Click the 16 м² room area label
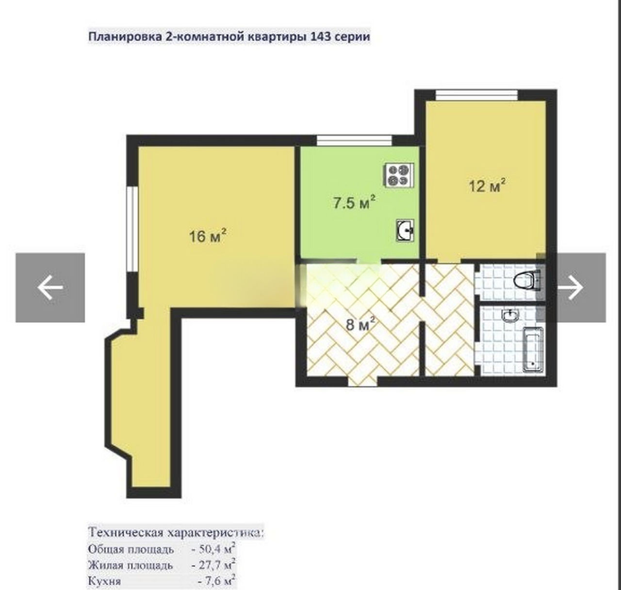point(208,235)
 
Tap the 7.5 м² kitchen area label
point(355,202)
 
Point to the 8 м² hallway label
point(360,324)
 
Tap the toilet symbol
point(526,280)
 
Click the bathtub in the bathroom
point(534,349)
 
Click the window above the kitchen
point(354,140)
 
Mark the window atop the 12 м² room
point(476,95)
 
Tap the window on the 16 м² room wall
point(132,228)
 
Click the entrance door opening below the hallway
point(363,382)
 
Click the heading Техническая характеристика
point(176,532)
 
